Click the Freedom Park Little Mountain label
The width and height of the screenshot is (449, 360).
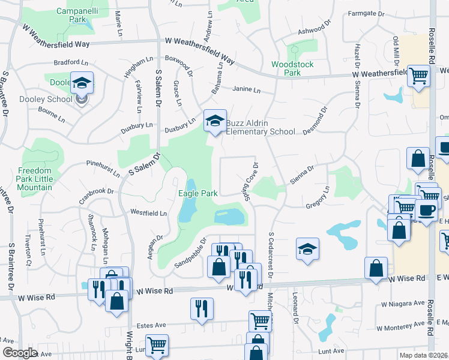point(35,179)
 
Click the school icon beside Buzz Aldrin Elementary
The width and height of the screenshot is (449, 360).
point(214,121)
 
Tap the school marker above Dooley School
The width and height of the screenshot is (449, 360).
point(82,83)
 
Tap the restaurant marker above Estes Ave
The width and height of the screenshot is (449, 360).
point(202,308)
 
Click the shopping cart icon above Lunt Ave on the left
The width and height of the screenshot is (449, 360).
point(157,345)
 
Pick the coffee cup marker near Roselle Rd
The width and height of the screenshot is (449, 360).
point(426,211)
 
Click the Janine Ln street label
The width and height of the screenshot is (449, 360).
point(246,91)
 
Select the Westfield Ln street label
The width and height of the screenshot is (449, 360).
point(148,212)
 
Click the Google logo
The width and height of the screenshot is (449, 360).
point(20,353)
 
